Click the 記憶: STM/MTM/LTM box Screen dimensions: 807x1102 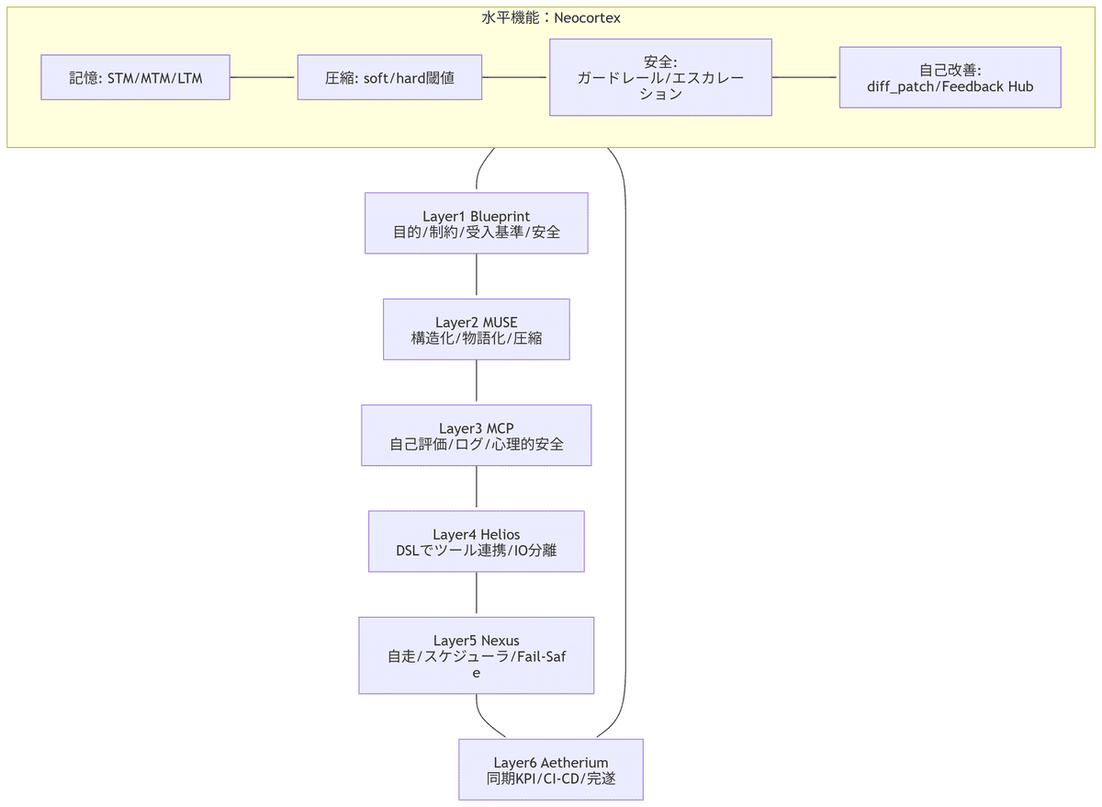(x=135, y=77)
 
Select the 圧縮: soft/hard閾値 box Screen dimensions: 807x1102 (x=389, y=77)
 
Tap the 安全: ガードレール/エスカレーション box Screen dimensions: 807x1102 (x=660, y=77)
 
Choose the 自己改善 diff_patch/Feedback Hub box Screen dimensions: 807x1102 (x=950, y=77)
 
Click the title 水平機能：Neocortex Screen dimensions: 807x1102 (x=551, y=17)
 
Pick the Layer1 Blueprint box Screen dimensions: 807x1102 (x=476, y=223)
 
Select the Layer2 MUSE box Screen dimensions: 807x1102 (x=476, y=329)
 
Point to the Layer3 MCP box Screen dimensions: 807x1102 (x=476, y=436)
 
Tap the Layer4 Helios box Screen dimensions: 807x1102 (x=476, y=542)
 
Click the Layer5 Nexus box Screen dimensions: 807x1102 (x=476, y=655)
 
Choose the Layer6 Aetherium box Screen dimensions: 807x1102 (x=550, y=770)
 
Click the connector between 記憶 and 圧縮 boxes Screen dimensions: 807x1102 (x=263, y=77)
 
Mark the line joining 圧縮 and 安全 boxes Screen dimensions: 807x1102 (x=515, y=77)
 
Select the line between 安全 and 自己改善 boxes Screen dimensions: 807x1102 (x=805, y=77)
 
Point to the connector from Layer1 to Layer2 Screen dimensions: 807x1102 (x=476, y=276)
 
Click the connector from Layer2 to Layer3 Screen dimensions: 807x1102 (x=476, y=382)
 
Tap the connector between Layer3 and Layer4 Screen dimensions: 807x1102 (x=476, y=488)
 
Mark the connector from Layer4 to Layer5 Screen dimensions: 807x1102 (x=476, y=595)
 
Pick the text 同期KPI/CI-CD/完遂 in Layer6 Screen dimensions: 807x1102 (x=550, y=779)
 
